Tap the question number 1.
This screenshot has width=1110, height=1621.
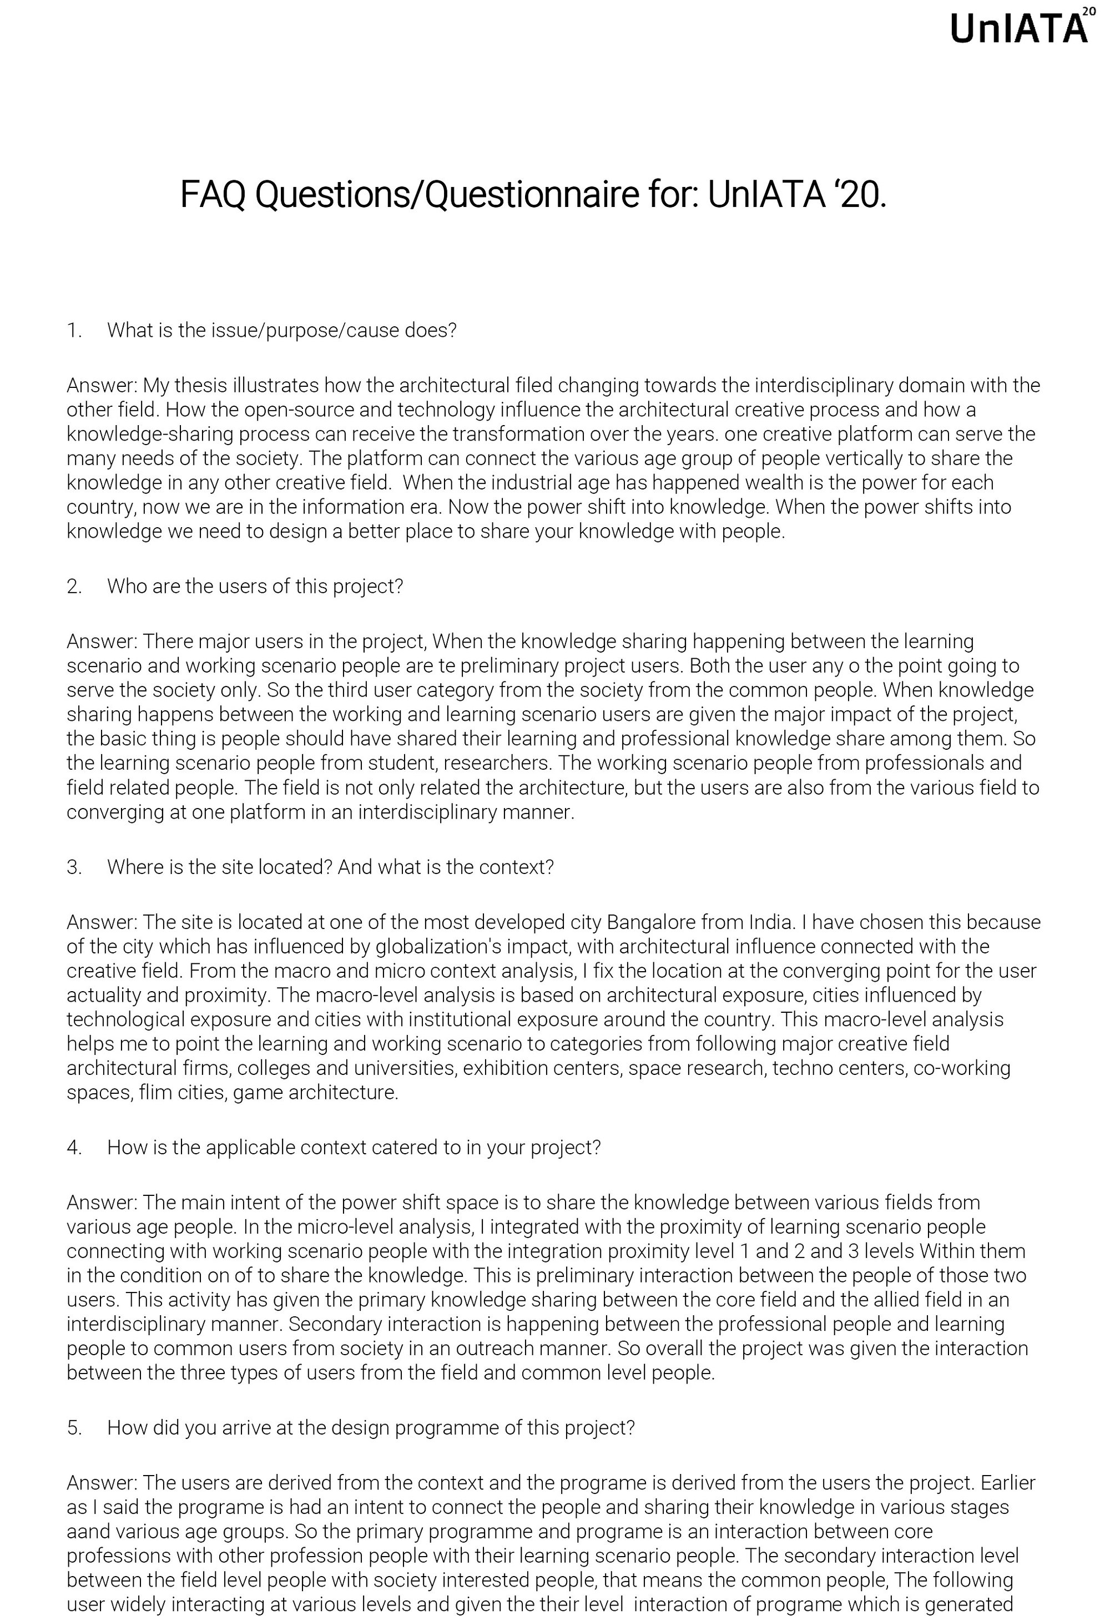click(74, 330)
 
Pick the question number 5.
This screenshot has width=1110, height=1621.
click(74, 1428)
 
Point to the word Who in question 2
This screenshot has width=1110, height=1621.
click(125, 586)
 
